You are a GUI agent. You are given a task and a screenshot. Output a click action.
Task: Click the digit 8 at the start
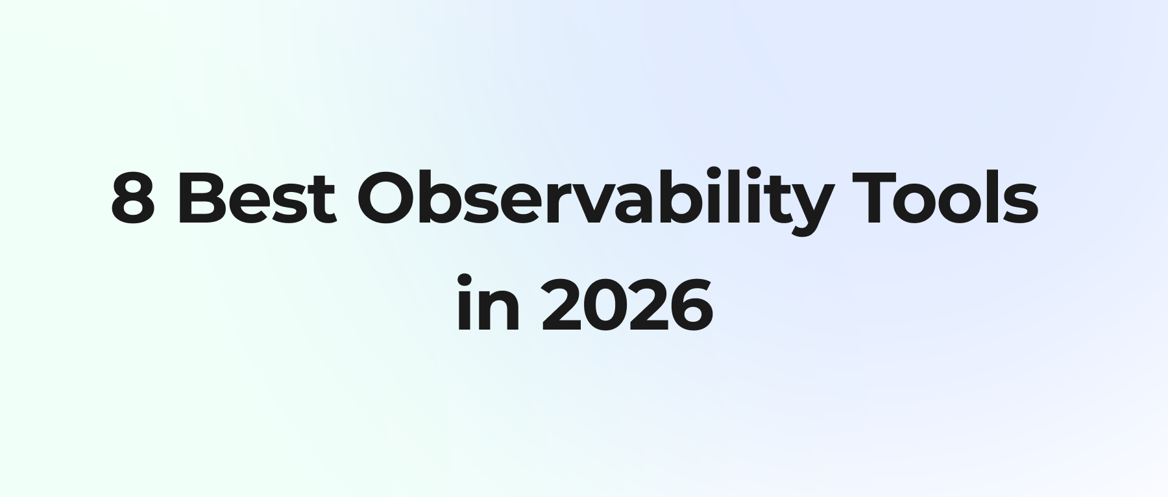(x=134, y=198)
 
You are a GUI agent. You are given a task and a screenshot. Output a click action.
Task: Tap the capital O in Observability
(x=387, y=199)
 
